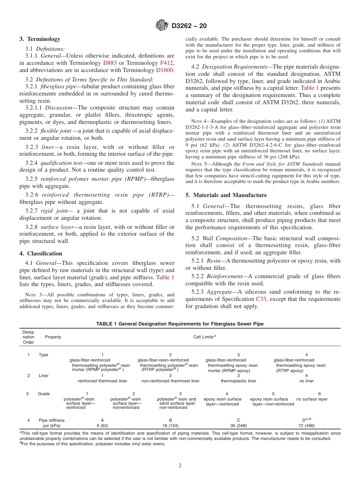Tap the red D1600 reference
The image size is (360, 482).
point(164,70)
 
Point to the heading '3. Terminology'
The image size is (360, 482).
point(40,39)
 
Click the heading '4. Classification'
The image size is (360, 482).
point(41,254)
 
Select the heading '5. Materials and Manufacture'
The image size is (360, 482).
point(226,195)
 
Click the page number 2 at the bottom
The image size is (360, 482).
point(180,466)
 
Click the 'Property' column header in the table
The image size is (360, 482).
point(53,337)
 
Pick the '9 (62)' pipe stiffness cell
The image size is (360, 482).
point(102,426)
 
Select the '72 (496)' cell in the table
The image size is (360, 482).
point(306,426)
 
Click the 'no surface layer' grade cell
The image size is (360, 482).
point(312,399)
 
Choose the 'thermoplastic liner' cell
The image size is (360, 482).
point(238,381)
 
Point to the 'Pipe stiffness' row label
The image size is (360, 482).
point(52,420)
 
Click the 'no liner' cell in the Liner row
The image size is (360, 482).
point(307,381)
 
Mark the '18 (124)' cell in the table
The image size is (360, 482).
point(171,426)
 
